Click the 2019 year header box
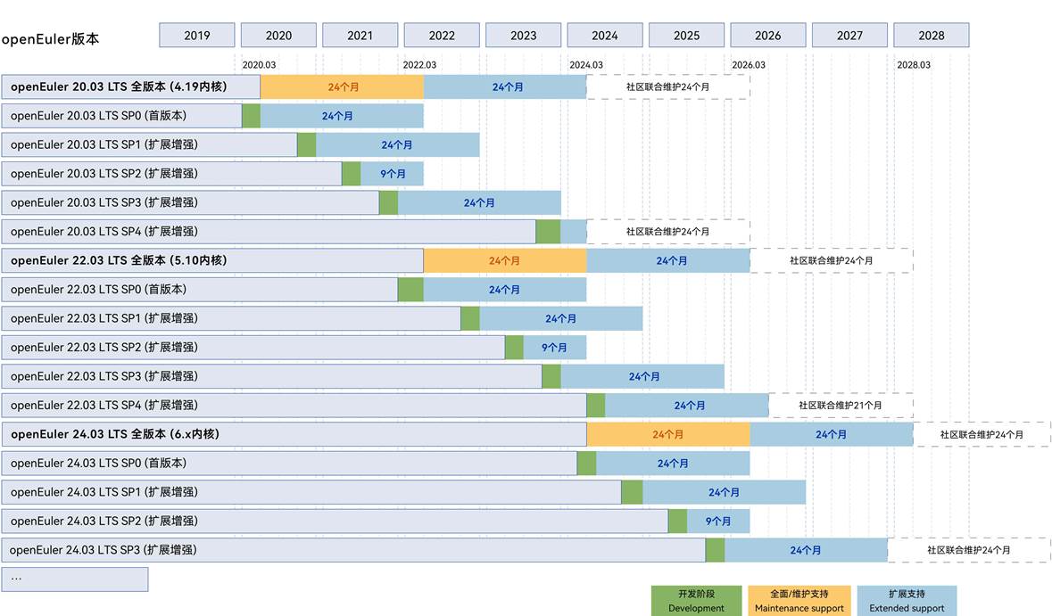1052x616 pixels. tap(197, 36)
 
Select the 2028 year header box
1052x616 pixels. tap(931, 36)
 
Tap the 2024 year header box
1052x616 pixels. tap(604, 36)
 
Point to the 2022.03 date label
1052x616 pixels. tap(419, 65)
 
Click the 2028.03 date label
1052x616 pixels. tap(914, 65)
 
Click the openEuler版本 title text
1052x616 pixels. tap(50, 40)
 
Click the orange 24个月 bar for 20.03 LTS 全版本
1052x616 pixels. tap(342, 87)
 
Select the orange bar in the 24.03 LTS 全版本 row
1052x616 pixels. tap(667, 434)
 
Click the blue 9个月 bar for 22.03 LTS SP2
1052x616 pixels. tap(554, 348)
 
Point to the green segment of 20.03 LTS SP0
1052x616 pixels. tap(251, 116)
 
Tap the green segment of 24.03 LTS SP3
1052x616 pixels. tap(715, 550)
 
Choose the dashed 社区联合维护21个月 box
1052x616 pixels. tap(841, 406)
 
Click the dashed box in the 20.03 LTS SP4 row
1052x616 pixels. tap(667, 232)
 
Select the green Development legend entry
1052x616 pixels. tap(696, 601)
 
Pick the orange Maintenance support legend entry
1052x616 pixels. tap(799, 601)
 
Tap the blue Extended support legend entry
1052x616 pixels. tap(907, 601)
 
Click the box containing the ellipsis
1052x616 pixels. tap(75, 579)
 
